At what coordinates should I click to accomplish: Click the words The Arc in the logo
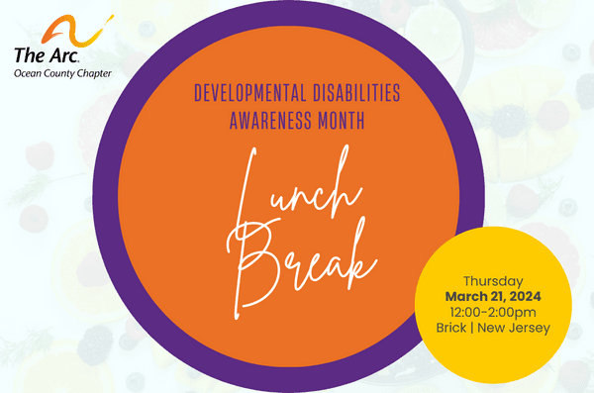41,54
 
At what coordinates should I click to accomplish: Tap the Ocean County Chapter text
61,72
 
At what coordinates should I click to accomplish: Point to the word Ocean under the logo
29,72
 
